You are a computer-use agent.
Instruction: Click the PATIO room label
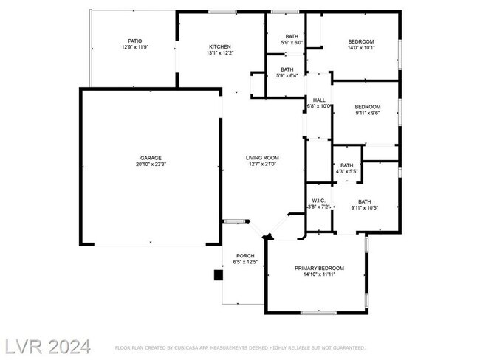pyautogui.click(x=135, y=41)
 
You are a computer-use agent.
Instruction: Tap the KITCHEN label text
pyautogui.click(x=220, y=46)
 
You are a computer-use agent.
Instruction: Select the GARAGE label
pyautogui.click(x=151, y=157)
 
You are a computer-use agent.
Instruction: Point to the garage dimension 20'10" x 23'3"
pyautogui.click(x=151, y=164)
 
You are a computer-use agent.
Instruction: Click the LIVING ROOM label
pyautogui.click(x=262, y=157)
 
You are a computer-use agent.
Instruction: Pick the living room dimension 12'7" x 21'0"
pyautogui.click(x=262, y=164)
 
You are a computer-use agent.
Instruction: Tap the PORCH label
pyautogui.click(x=244, y=256)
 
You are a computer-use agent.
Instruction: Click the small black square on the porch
pyautogui.click(x=218, y=275)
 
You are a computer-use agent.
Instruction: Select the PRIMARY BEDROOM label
pyautogui.click(x=319, y=268)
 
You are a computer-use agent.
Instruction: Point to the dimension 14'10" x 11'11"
pyautogui.click(x=319, y=274)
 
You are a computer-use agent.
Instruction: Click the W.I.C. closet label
pyautogui.click(x=319, y=201)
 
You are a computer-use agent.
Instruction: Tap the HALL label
pyautogui.click(x=319, y=100)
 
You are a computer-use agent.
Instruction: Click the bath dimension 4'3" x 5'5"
pyautogui.click(x=346, y=171)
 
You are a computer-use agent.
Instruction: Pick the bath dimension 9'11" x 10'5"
pyautogui.click(x=365, y=208)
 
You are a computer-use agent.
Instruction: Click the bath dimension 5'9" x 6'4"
pyautogui.click(x=287, y=75)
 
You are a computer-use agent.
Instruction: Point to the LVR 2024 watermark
pyautogui.click(x=48, y=345)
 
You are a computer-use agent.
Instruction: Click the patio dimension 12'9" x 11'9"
pyautogui.click(x=135, y=47)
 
